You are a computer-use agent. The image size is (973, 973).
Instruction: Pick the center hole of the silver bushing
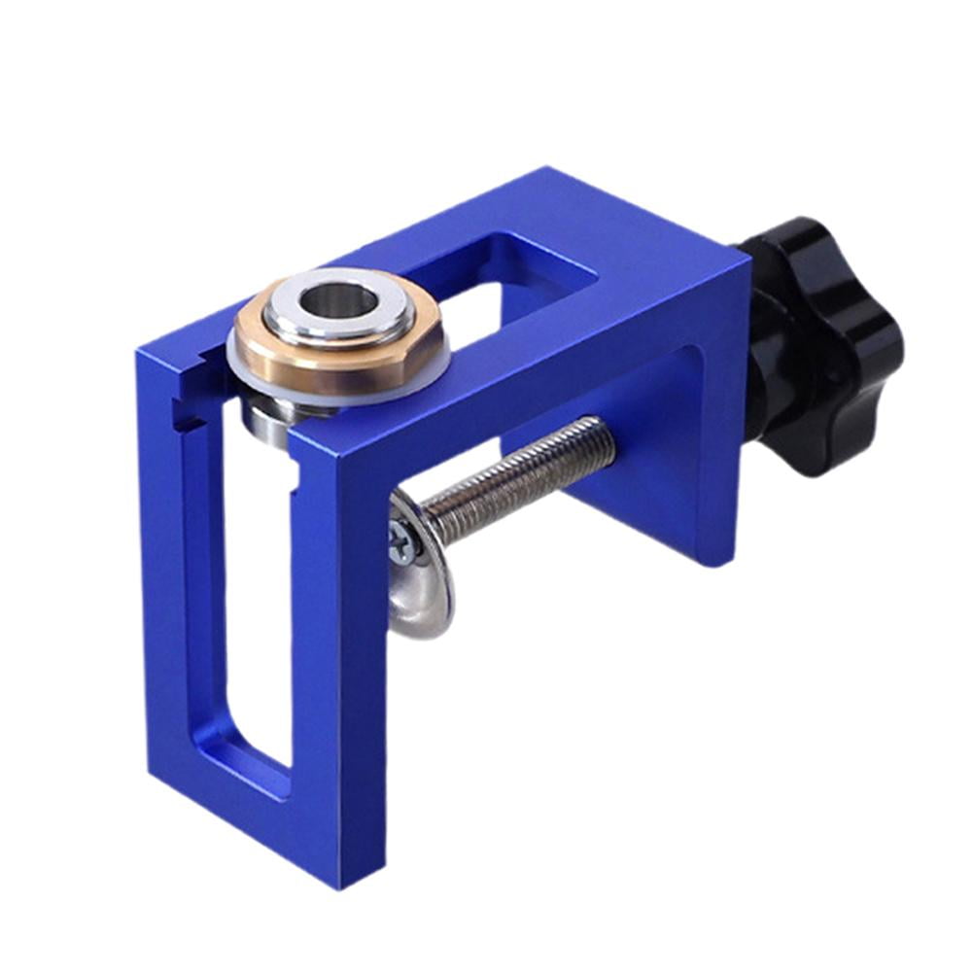pyautogui.click(x=337, y=300)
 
